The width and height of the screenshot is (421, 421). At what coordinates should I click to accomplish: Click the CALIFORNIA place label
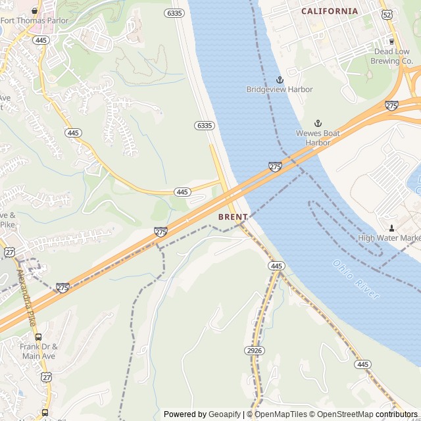pyautogui.click(x=330, y=11)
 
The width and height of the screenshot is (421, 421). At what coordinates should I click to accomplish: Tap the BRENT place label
pyautogui.click(x=233, y=217)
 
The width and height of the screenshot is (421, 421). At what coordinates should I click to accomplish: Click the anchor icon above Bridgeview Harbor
pyautogui.click(x=280, y=80)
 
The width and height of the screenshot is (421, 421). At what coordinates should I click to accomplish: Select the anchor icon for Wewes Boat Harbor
pyautogui.click(x=318, y=124)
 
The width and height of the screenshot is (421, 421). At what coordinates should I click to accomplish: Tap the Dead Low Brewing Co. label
pyautogui.click(x=393, y=57)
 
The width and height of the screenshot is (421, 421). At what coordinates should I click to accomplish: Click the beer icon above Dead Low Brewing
pyautogui.click(x=392, y=41)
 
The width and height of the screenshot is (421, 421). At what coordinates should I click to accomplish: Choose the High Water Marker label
pyautogui.click(x=389, y=238)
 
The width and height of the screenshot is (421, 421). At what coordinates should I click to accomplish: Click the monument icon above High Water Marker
pyautogui.click(x=391, y=228)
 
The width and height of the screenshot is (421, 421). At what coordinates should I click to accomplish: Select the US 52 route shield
pyautogui.click(x=387, y=14)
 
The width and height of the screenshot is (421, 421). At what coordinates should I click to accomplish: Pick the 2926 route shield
pyautogui.click(x=254, y=351)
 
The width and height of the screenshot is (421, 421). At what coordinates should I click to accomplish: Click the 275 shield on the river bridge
pyautogui.click(x=275, y=166)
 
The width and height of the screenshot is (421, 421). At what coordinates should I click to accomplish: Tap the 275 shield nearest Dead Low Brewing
pyautogui.click(x=391, y=105)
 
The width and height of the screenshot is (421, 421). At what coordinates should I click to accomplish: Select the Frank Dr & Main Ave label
pyautogui.click(x=38, y=351)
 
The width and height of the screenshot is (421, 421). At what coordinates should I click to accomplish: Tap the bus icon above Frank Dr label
pyautogui.click(x=39, y=337)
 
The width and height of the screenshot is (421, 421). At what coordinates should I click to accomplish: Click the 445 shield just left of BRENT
pyautogui.click(x=183, y=191)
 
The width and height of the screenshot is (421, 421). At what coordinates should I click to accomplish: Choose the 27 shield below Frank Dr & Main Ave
pyautogui.click(x=46, y=376)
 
